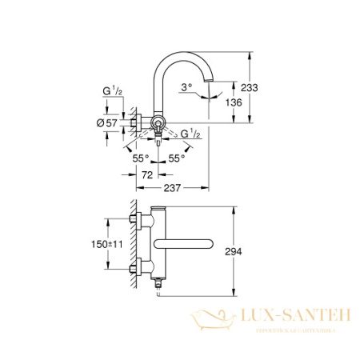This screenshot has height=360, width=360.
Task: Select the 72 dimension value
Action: (146, 174)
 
